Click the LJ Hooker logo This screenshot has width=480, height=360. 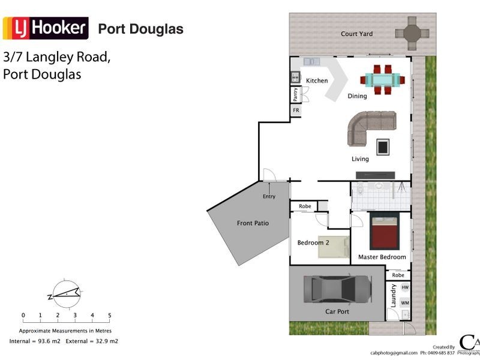46,28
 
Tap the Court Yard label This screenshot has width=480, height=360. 356,34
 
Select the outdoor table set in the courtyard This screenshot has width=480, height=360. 412,33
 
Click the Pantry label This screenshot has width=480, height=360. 295,95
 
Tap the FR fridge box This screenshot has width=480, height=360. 296,111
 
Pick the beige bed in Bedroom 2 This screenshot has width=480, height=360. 334,247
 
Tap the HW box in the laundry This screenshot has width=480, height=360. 404,289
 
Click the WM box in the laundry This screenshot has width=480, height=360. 404,304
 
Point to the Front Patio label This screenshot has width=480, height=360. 253,223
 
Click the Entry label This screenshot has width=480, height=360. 269,197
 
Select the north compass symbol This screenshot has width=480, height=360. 65,292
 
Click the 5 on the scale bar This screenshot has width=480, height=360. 109,315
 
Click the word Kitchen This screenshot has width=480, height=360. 317,81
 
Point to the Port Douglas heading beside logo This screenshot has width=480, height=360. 140,29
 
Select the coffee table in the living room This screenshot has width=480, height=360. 382,146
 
